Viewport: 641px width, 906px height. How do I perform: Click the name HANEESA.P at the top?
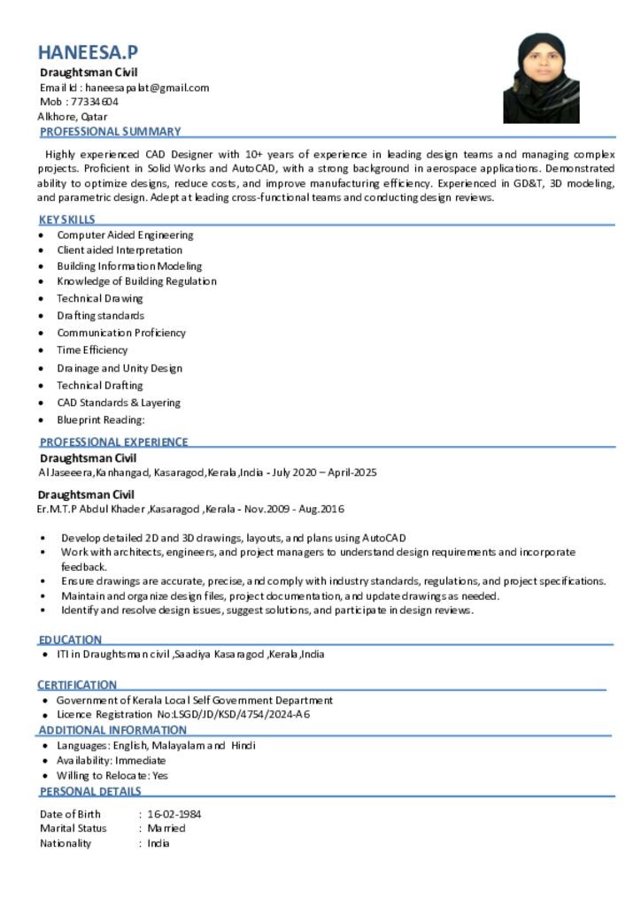(88, 52)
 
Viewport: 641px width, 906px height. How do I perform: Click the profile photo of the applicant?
(541, 79)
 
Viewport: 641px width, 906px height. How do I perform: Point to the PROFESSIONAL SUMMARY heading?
(110, 131)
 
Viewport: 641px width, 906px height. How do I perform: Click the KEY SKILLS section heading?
(67, 219)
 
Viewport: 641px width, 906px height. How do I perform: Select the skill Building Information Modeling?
(129, 265)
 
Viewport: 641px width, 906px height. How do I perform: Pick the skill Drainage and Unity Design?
(120, 368)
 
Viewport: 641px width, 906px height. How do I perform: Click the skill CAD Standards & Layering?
(119, 403)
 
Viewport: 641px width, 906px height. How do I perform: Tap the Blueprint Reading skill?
(100, 419)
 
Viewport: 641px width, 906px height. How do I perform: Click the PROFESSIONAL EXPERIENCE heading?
(113, 441)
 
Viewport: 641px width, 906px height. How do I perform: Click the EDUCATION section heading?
(70, 639)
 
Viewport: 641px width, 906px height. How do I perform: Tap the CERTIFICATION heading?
(77, 685)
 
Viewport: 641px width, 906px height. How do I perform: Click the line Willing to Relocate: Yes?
(112, 775)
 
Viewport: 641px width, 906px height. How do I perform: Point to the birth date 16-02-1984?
(174, 814)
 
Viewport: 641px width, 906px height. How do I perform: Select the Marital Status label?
(73, 828)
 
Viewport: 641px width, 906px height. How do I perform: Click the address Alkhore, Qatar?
(73, 116)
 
